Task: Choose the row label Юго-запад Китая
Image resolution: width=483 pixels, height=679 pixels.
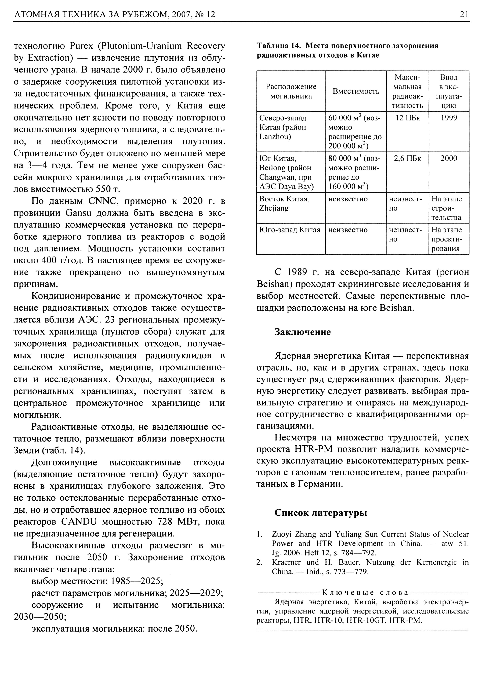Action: [290, 230]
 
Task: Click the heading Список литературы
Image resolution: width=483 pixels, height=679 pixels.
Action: [320, 513]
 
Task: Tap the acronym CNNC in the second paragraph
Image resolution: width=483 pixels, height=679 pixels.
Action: [104, 201]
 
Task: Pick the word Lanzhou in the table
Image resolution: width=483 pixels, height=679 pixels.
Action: [275, 137]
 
